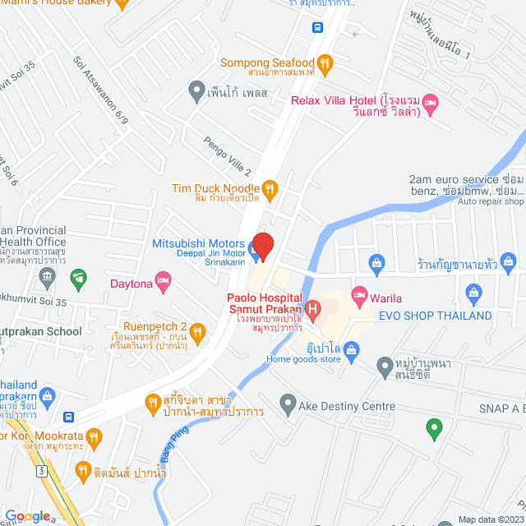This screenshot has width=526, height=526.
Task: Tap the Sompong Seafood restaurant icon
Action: click(325, 62)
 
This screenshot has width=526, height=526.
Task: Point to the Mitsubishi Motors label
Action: click(198, 244)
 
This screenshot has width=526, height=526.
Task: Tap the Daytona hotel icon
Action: click(164, 284)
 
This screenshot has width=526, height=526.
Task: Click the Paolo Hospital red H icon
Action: click(312, 309)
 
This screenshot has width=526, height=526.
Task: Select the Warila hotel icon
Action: click(359, 293)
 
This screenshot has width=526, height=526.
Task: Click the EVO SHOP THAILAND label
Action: click(435, 316)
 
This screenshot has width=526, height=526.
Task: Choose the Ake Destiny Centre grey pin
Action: click(288, 403)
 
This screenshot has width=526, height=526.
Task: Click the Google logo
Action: click(27, 515)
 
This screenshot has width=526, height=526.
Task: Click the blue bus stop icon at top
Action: click(317, 26)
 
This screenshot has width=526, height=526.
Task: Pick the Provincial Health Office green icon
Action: click(78, 278)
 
